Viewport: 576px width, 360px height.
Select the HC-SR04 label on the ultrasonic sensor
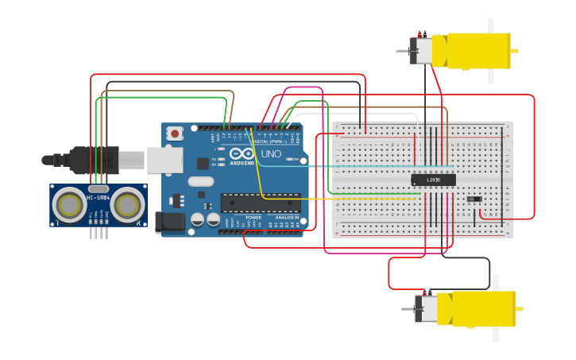point(98,195)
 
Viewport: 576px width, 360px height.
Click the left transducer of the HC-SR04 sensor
point(69,205)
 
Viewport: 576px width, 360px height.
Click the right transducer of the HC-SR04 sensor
point(127,205)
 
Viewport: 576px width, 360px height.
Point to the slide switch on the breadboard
point(474,199)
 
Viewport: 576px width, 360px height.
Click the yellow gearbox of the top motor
point(478,50)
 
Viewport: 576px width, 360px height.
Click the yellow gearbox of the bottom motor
point(483,308)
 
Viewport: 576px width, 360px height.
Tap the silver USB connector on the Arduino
point(164,160)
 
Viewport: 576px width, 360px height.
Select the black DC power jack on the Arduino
point(169,223)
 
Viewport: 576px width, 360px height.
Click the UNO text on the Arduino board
point(271,153)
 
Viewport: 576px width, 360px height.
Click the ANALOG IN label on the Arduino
point(287,217)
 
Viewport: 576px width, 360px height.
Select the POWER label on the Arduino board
point(253,217)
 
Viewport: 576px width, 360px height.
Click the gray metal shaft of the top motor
point(403,51)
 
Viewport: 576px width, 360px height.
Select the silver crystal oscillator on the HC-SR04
point(98,188)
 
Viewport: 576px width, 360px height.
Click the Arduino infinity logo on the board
point(242,153)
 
